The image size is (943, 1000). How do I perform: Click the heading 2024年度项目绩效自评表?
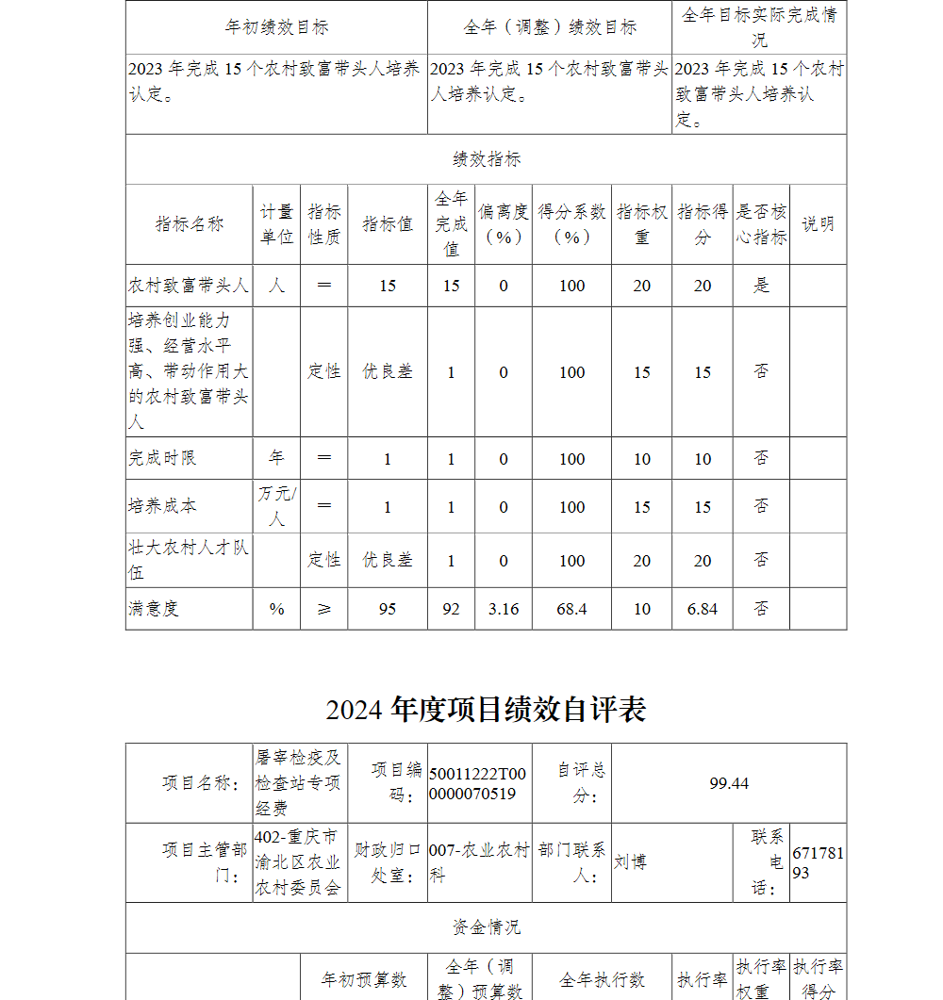486,710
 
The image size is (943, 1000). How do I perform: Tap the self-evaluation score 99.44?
729,783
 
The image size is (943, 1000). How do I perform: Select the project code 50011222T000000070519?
478,783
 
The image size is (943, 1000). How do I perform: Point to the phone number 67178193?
818,862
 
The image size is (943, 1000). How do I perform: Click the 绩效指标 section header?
486,159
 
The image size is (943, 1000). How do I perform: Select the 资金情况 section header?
486,927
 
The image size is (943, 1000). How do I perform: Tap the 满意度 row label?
154,609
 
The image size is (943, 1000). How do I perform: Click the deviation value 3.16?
504,609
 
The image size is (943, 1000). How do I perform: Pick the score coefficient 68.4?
571,609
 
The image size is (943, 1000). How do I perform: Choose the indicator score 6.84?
703,609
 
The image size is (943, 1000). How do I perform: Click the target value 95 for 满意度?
388,609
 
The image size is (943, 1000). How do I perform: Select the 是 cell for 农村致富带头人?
761,286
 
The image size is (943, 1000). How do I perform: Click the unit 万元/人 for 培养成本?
276,506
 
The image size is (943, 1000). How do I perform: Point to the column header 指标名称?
190,224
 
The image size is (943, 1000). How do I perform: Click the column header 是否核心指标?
761,224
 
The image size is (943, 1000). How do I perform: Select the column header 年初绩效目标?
276,27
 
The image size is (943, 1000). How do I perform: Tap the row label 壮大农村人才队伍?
189,560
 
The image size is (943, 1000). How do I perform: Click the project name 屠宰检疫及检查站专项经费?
299,783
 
